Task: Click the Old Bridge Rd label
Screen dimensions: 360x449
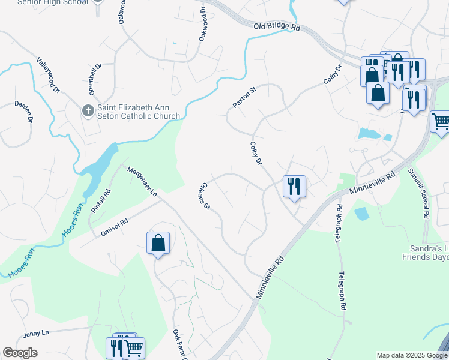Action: click(276, 27)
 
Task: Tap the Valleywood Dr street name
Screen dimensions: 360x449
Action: click(49, 75)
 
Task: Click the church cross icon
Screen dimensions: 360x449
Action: click(87, 110)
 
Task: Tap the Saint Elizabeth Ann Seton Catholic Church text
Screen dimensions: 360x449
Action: click(138, 112)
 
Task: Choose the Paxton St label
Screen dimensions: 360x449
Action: click(244, 97)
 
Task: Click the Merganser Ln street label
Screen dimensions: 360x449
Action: click(142, 182)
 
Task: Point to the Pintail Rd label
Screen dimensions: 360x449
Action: click(101, 201)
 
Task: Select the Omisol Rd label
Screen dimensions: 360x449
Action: click(115, 229)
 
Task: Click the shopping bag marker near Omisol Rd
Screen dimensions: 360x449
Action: click(158, 244)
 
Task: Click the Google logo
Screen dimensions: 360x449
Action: click(20, 353)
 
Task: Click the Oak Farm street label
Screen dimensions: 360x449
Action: click(177, 344)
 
